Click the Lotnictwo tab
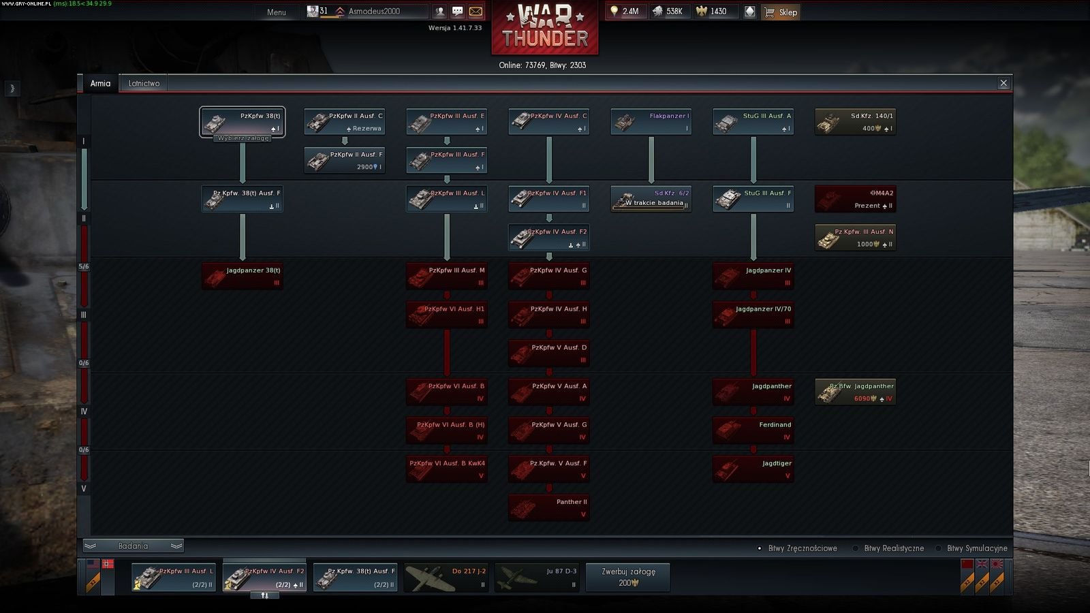point(144,83)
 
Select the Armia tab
point(100,83)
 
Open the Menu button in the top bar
point(277,12)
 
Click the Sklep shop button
point(781,12)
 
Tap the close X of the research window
point(1003,83)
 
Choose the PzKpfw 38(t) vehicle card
point(243,122)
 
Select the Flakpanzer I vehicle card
point(651,122)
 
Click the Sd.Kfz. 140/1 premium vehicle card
point(856,122)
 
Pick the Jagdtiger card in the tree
point(753,469)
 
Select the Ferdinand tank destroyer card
point(753,430)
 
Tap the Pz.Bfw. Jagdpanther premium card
point(856,392)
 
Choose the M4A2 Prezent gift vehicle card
point(856,199)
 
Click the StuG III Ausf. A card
point(753,122)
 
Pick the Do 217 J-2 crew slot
point(446,578)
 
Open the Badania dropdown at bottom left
point(133,546)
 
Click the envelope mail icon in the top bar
point(476,12)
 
